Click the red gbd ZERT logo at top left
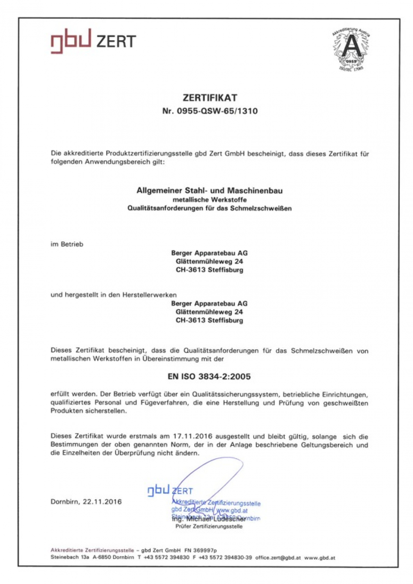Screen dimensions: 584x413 [x=93, y=40]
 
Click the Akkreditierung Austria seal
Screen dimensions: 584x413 [x=351, y=49]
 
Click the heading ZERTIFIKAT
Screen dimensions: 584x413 [x=210, y=98]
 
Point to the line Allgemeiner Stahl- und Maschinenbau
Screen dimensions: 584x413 [x=210, y=191]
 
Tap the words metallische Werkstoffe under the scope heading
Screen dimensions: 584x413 [x=210, y=200]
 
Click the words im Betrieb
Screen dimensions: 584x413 [x=67, y=244]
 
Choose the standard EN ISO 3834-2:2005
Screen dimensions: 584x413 [x=209, y=377]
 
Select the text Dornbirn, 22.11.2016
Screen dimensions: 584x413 [x=86, y=502]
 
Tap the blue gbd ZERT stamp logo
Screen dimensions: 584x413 [x=170, y=491]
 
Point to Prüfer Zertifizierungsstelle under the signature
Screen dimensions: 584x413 [x=209, y=526]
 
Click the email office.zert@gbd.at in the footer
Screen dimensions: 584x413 [x=278, y=557]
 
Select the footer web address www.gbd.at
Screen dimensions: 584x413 [x=320, y=557]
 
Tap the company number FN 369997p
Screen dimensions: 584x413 [x=200, y=550]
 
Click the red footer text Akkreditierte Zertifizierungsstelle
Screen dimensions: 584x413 [x=92, y=550]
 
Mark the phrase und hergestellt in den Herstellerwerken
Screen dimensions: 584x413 [x=114, y=295]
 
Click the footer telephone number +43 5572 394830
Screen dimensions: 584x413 [x=166, y=557]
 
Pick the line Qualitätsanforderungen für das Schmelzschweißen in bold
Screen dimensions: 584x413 [x=210, y=208]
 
